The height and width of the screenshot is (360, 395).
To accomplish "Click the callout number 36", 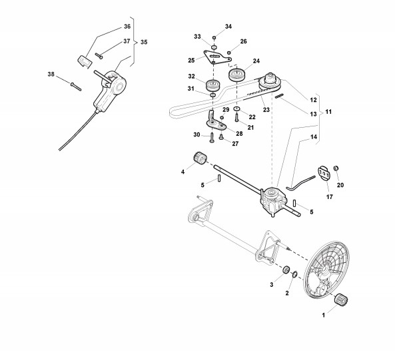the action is (x=127, y=27).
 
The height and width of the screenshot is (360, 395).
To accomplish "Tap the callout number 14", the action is (x=314, y=137).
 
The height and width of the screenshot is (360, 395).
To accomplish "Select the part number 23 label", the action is (x=266, y=110).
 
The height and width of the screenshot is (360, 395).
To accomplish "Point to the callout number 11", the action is (x=328, y=112).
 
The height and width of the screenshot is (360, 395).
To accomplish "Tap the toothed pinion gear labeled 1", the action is (x=341, y=299).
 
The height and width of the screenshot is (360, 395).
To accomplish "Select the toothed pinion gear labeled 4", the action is (x=200, y=158).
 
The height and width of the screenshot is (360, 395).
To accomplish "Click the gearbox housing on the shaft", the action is (x=273, y=202).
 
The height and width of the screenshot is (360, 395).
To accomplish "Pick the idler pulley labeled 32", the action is (x=213, y=86).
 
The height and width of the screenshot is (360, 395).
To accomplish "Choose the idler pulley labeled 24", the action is (x=236, y=75).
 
